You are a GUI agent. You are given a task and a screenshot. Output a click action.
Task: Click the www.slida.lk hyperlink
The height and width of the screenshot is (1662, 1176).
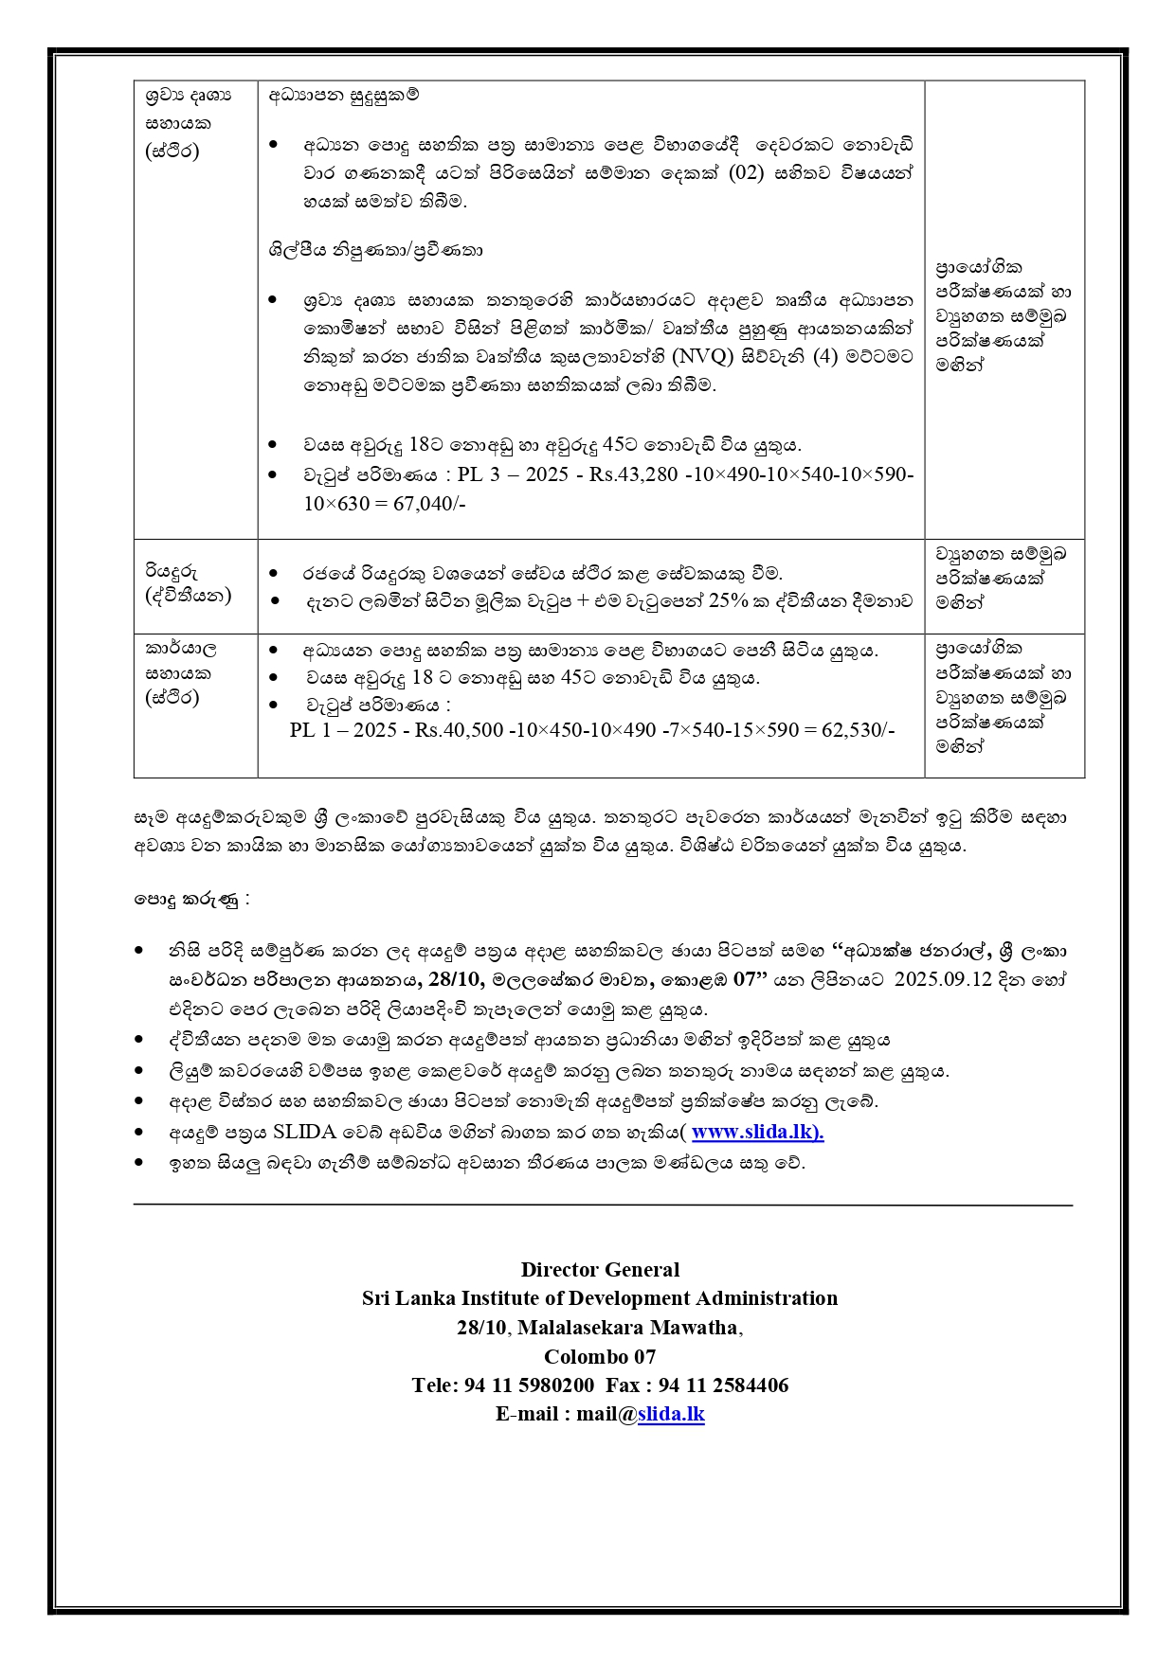tap(757, 1132)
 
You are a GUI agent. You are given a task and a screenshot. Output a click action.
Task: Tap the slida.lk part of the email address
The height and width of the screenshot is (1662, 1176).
tap(671, 1414)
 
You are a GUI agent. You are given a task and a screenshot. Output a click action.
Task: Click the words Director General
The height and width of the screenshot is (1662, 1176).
tap(600, 1270)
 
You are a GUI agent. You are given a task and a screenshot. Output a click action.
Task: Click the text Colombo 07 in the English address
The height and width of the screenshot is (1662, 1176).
tap(600, 1356)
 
